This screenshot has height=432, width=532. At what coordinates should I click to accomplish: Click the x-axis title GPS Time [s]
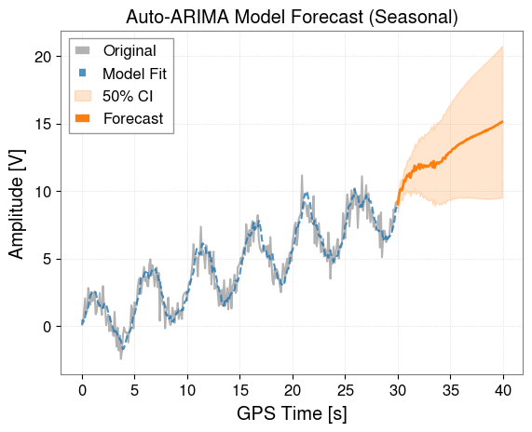click(292, 413)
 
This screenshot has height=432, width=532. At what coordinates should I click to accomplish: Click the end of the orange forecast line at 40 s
click(503, 121)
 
